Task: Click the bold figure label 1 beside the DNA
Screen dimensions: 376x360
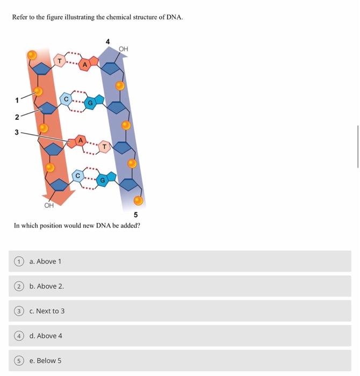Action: (17, 100)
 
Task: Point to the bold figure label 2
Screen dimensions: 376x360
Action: (17, 117)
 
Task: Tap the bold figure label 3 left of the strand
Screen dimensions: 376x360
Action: (17, 132)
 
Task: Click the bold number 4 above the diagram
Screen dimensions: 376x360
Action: (107, 41)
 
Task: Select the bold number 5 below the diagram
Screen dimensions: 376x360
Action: (136, 215)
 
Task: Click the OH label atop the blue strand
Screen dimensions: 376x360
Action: (124, 49)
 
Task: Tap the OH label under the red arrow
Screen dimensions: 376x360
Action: (49, 205)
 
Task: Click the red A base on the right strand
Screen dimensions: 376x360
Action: (84, 65)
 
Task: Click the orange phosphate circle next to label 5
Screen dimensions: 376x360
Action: (138, 201)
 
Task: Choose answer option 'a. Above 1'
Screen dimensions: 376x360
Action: (46, 262)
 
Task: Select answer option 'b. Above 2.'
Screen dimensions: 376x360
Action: (47, 286)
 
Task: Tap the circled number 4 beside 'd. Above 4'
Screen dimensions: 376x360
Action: (19, 336)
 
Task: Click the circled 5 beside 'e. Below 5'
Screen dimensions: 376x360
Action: (19, 360)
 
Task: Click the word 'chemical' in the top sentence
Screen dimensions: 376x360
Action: (93, 17)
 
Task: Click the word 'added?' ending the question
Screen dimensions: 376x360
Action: (129, 226)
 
